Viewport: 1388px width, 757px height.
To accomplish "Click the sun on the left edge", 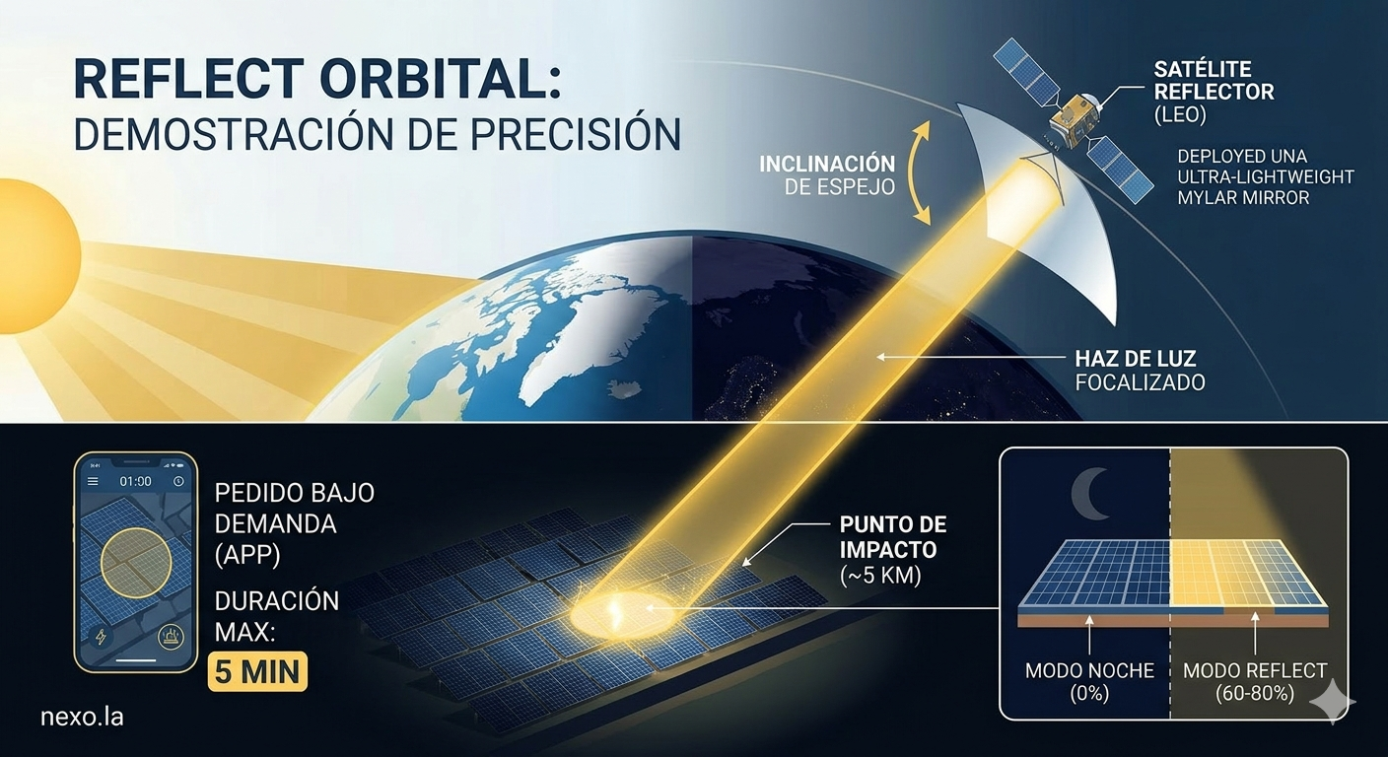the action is tap(35, 256).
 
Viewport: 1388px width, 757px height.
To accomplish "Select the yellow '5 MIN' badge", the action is tap(257, 671).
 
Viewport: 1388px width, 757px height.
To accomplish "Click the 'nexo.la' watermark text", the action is tap(82, 717).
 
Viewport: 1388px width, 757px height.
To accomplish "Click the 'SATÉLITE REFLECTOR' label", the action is tap(1214, 80).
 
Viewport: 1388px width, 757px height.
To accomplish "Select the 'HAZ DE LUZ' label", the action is tap(1136, 359).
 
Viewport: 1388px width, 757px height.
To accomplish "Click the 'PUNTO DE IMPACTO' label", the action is tap(893, 537).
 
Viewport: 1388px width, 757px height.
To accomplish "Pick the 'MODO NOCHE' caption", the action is tap(1089, 671).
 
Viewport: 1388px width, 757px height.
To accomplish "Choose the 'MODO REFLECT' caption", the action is tap(1255, 671).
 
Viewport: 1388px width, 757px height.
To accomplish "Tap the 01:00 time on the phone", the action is tap(135, 481).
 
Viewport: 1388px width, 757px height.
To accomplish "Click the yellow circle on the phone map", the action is tap(136, 563).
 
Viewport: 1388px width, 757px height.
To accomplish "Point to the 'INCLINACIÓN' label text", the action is tap(827, 165).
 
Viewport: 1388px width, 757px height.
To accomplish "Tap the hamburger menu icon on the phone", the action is tap(93, 481).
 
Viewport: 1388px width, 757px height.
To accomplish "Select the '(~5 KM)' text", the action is tap(880, 576).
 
